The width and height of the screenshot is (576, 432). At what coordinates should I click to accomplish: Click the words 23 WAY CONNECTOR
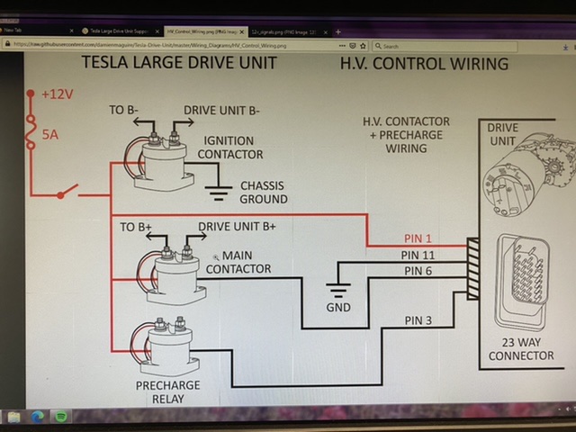tap(520, 348)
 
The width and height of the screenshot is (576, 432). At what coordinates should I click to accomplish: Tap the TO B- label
tap(124, 111)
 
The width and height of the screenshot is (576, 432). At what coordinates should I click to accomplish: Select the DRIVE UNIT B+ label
tap(237, 226)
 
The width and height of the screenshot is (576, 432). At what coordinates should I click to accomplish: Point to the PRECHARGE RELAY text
tap(168, 392)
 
